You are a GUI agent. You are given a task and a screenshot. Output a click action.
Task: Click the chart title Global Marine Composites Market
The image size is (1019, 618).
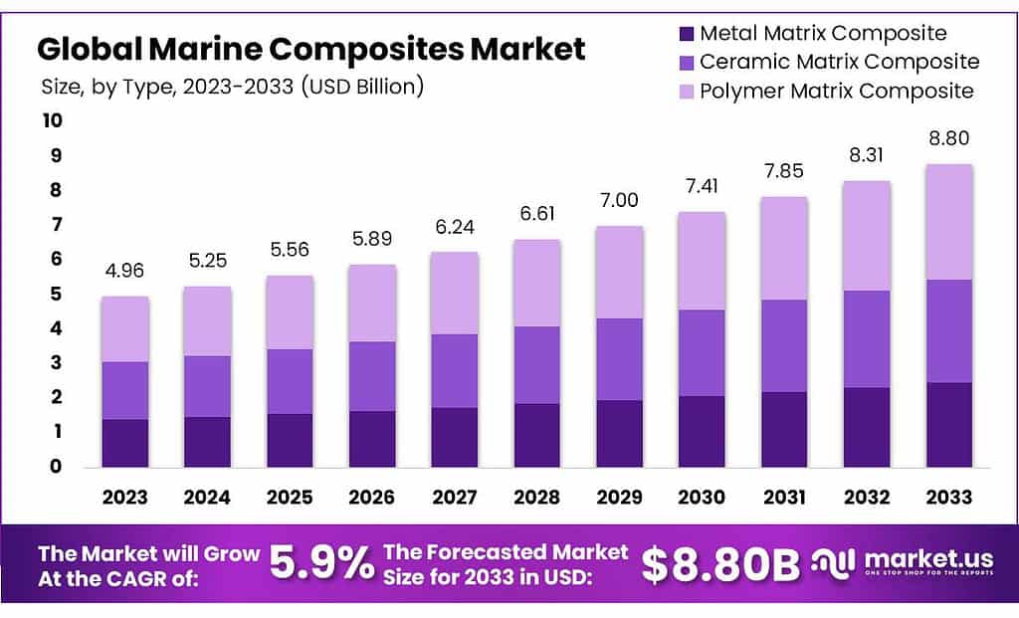[x=311, y=48]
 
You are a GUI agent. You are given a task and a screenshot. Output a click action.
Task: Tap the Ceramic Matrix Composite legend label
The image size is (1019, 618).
[x=839, y=62]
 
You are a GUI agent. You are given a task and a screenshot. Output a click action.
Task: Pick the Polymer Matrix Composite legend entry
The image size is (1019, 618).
[x=836, y=92]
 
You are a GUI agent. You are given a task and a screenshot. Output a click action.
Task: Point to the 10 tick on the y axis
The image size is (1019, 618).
[x=52, y=121]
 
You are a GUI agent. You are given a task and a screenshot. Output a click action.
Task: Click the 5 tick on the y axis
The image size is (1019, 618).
[x=56, y=295]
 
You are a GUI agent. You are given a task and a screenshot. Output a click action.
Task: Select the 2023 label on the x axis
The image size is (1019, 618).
[x=124, y=497]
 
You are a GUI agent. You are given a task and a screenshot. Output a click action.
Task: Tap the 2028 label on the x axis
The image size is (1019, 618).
[x=536, y=497]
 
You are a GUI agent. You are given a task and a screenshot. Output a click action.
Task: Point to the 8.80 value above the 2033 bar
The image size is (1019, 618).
[x=948, y=138]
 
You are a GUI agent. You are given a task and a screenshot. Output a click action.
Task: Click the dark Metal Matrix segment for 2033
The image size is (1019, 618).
[x=948, y=425]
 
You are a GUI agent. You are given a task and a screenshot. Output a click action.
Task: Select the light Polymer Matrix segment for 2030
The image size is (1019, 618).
[x=702, y=261]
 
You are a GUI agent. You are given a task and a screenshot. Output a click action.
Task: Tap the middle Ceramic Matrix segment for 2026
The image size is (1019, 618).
[x=371, y=376]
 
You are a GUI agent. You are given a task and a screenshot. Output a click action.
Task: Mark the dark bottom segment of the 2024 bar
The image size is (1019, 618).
[x=207, y=442]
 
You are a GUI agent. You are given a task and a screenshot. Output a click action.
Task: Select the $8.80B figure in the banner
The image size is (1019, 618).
[x=719, y=564]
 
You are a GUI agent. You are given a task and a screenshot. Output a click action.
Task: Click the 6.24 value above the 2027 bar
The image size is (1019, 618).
[x=454, y=227]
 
